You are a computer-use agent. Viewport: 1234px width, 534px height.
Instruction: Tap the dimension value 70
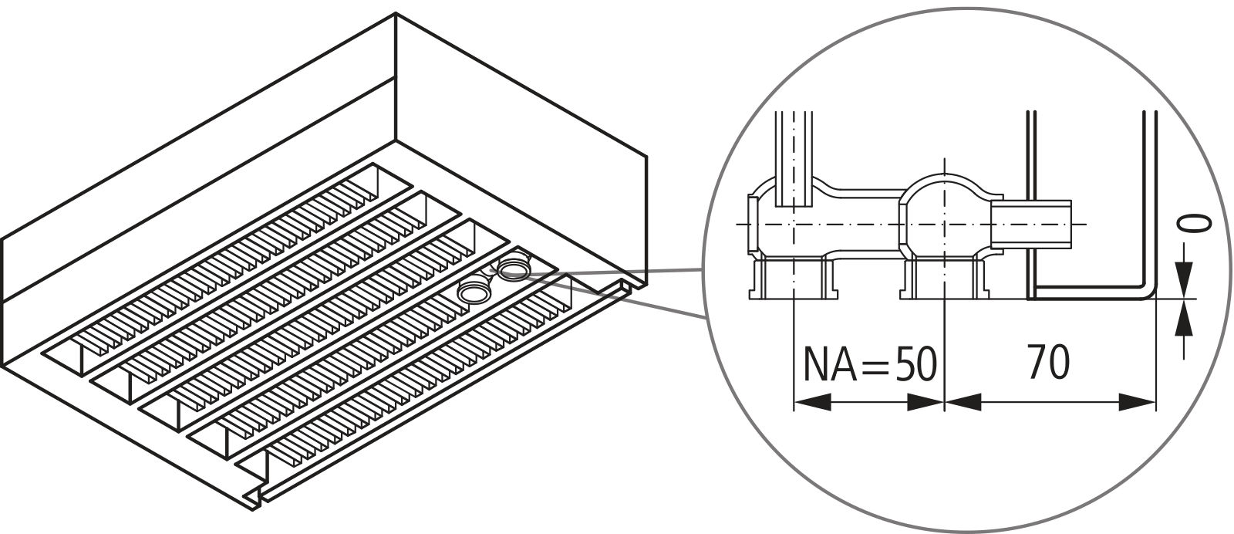point(1048,363)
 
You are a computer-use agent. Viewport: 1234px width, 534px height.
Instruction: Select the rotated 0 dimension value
point(1195,225)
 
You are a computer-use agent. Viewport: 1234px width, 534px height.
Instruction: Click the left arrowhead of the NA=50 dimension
point(812,401)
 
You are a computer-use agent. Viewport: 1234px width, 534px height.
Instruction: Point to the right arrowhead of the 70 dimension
point(1137,401)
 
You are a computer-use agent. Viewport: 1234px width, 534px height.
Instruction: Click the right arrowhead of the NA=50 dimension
point(925,401)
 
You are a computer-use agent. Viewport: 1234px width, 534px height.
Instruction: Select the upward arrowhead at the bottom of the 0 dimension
point(1183,318)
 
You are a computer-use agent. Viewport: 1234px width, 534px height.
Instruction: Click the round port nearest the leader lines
point(513,269)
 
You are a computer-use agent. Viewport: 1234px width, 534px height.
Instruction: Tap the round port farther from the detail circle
point(472,292)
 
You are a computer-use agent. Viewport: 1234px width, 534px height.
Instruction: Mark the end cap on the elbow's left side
point(752,224)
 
